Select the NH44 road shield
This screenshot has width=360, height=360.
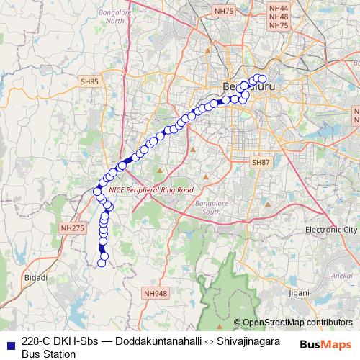(x=278, y=7)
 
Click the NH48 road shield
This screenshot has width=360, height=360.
(x=278, y=16)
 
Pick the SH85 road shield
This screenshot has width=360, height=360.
(x=90, y=82)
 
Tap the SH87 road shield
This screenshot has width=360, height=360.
(x=261, y=163)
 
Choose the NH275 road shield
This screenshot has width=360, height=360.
(x=73, y=228)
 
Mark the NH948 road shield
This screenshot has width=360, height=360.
(x=155, y=293)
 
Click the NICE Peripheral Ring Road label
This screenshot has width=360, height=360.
(x=150, y=189)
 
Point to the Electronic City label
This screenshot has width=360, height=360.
(x=330, y=229)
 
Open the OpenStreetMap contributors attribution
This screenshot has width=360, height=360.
(x=297, y=322)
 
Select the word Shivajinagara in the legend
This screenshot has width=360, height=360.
(x=238, y=341)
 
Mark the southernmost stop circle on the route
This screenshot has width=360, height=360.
(x=102, y=263)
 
